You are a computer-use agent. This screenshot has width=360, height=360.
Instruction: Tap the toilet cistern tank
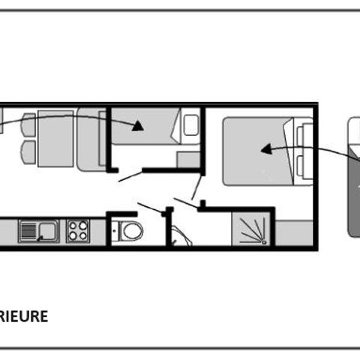click(x=115, y=231)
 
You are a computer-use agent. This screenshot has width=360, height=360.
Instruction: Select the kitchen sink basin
click(x=48, y=231)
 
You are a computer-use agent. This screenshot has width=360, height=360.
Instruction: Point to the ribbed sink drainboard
click(x=28, y=231)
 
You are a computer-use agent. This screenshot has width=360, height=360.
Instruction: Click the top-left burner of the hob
click(x=73, y=226)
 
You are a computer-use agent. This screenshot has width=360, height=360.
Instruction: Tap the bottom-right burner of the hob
click(x=82, y=235)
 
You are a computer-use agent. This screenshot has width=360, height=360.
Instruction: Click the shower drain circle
click(x=264, y=242)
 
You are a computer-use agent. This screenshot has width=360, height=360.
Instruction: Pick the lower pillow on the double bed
click(x=303, y=166)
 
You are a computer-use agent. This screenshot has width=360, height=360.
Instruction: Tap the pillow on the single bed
click(x=191, y=125)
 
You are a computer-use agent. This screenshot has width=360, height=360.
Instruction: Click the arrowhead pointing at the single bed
click(x=138, y=126)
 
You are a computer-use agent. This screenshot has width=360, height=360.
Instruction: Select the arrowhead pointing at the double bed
click(x=266, y=149)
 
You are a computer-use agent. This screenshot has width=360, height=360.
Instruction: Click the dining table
click(x=55, y=139)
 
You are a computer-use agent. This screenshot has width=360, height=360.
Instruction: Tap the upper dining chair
click(x=28, y=124)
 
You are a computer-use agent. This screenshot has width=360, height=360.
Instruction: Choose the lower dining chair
click(x=28, y=152)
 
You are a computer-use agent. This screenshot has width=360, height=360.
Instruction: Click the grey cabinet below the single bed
click(x=188, y=160)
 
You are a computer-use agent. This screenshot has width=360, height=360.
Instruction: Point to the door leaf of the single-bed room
click(x=130, y=176)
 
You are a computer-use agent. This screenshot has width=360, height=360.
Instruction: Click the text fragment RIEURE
click(x=24, y=316)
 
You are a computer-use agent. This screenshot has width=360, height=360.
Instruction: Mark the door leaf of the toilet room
click(x=151, y=208)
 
